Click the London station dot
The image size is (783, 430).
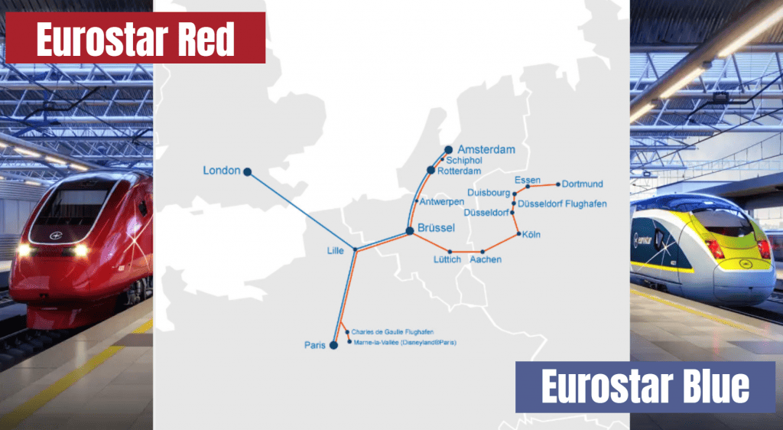[247, 172]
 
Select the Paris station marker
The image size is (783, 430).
[333, 345]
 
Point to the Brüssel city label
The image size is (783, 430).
[437, 228]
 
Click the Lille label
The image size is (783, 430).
[335, 250]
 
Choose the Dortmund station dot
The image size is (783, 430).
[558, 184]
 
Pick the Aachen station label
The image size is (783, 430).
[486, 260]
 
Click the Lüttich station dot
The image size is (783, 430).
[450, 252]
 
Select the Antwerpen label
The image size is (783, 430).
[442, 201]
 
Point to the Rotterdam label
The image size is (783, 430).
[459, 171]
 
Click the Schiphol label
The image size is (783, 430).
[463, 161]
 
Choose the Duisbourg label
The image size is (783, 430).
[488, 193]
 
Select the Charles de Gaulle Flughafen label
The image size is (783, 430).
[398, 332]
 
